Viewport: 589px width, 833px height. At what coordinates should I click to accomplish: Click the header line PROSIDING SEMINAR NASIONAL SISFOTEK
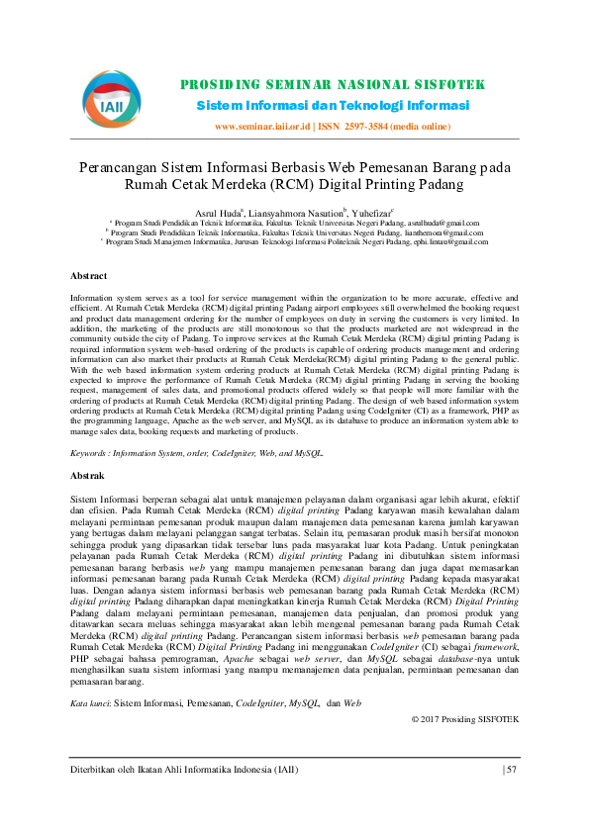[x=333, y=84]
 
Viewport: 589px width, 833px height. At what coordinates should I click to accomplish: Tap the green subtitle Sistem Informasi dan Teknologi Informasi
[x=333, y=105]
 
